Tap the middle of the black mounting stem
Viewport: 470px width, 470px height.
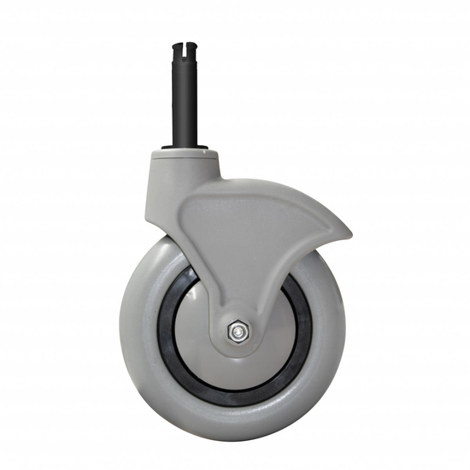tap(187, 94)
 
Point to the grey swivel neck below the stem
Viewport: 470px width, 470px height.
tap(175, 179)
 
